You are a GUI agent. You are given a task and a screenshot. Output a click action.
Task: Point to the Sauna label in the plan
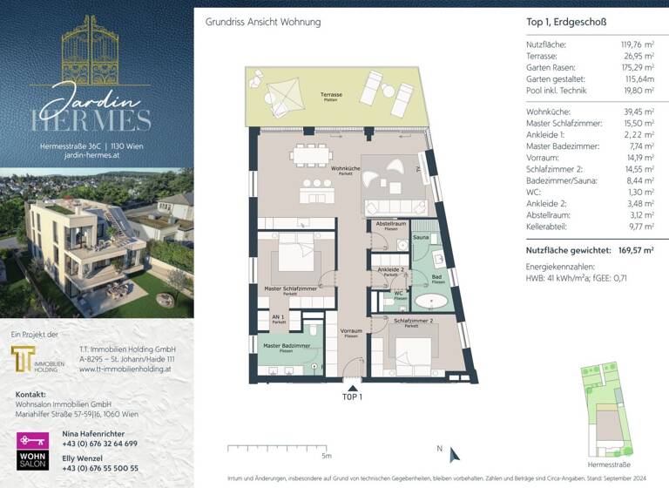coord(420,237)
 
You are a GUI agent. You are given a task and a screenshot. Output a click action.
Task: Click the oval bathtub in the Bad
coord(431,302)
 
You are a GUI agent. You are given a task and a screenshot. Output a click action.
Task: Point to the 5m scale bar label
coord(326,455)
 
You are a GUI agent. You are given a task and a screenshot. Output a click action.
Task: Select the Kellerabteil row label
coord(550,226)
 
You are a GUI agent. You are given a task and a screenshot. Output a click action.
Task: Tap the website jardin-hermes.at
coord(97,156)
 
